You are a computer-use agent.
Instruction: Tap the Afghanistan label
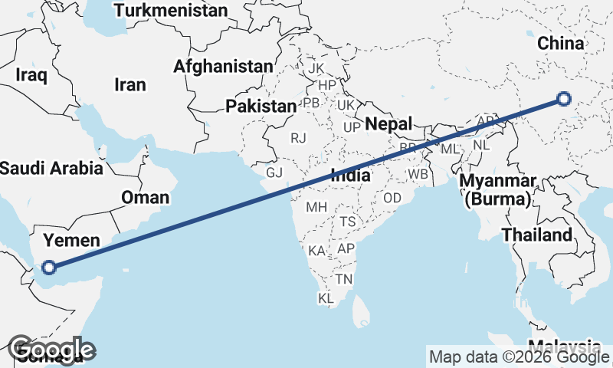point(223,67)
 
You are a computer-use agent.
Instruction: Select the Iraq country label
point(31,75)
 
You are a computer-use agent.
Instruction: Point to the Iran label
point(129,85)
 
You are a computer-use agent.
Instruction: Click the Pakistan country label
point(261,106)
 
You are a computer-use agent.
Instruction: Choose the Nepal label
point(388,123)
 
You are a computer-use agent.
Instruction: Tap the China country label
point(560,44)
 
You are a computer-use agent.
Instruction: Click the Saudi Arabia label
point(51,168)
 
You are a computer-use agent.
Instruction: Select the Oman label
point(145,198)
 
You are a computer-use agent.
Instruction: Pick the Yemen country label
point(70,241)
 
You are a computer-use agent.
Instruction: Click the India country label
point(351,176)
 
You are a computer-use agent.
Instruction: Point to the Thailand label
point(537,235)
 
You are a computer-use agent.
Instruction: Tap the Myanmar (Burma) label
point(497,191)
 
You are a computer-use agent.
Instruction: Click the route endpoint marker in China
point(564,98)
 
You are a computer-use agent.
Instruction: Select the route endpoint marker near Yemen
point(50,268)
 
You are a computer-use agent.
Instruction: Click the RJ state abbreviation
point(298,138)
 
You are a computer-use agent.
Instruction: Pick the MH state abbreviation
point(316,207)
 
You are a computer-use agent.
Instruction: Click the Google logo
point(52,350)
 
